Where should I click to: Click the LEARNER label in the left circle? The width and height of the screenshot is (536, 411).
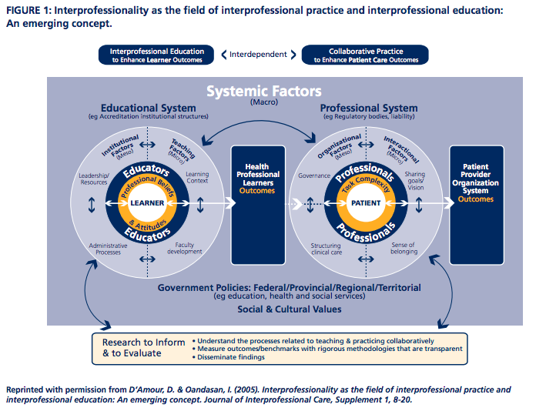pyautogui.click(x=146, y=203)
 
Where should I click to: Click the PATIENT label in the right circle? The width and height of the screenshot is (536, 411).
pyautogui.click(x=366, y=203)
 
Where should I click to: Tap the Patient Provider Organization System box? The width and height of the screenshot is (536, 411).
pyautogui.click(x=476, y=182)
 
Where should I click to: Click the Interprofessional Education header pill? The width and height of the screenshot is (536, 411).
pyautogui.click(x=157, y=55)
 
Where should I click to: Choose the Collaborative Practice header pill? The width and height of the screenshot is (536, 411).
pyautogui.click(x=364, y=55)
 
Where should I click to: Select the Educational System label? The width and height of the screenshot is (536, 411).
pyautogui.click(x=147, y=108)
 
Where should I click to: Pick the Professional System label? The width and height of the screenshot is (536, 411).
pyautogui.click(x=368, y=108)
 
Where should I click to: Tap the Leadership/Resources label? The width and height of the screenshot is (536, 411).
pyautogui.click(x=93, y=179)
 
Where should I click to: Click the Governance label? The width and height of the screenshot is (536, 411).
pyautogui.click(x=313, y=175)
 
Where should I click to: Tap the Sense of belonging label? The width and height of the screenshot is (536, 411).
pyautogui.click(x=404, y=247)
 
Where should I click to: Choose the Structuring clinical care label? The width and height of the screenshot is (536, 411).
pyautogui.click(x=326, y=248)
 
